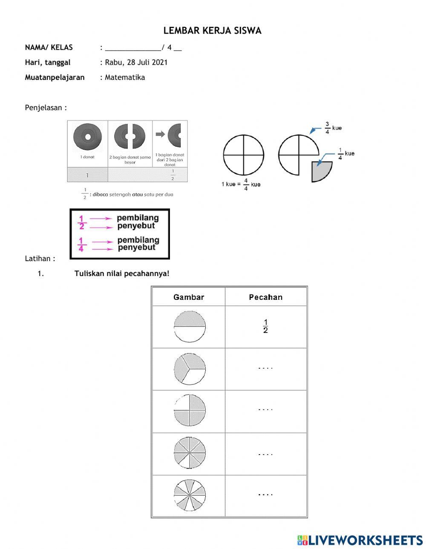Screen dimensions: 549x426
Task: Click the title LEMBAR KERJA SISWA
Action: (x=212, y=31)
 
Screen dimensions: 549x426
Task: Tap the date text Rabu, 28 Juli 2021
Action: (x=136, y=63)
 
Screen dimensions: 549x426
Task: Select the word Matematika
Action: (x=125, y=77)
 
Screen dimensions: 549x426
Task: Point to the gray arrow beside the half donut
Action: (x=160, y=134)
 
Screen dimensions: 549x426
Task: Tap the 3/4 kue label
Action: (x=333, y=128)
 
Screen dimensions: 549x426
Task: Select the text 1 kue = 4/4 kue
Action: (x=241, y=184)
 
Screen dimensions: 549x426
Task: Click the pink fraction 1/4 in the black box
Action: (x=81, y=244)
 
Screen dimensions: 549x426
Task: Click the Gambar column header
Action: (x=188, y=297)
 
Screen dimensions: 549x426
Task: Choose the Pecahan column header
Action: (x=265, y=297)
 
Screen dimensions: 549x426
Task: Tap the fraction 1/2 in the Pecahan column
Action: (x=265, y=326)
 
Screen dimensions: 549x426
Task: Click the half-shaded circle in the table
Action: (x=190, y=327)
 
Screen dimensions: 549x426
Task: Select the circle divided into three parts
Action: (x=190, y=369)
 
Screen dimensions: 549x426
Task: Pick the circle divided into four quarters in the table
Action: (x=190, y=411)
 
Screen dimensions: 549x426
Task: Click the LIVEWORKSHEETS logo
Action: (x=360, y=540)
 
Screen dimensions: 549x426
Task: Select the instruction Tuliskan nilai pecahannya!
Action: (x=122, y=273)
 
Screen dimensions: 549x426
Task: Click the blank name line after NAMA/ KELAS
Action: (x=133, y=48)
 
